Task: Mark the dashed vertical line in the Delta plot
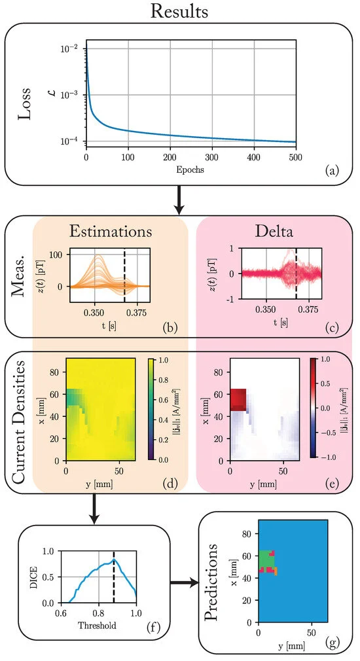296,275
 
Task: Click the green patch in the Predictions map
264,560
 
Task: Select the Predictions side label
214,582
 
